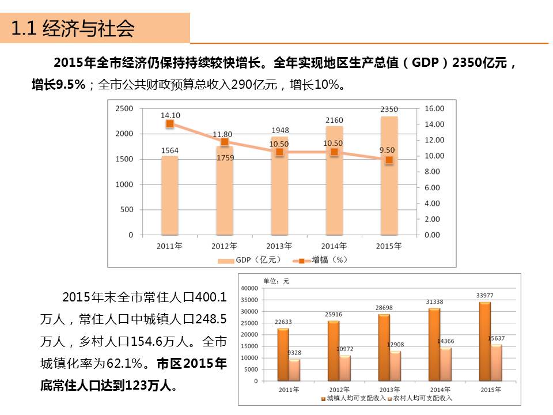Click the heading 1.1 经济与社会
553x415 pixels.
coord(73,28)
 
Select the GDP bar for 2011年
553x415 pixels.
coord(169,196)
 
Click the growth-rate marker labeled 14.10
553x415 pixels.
coord(169,124)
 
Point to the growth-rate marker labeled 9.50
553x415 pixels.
coord(389,160)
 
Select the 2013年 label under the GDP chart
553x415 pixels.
coord(279,246)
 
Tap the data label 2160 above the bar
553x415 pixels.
coord(334,120)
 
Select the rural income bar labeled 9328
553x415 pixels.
coord(294,369)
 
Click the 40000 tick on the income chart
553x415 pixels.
coord(249,288)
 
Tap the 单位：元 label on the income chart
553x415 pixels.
coord(276,281)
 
